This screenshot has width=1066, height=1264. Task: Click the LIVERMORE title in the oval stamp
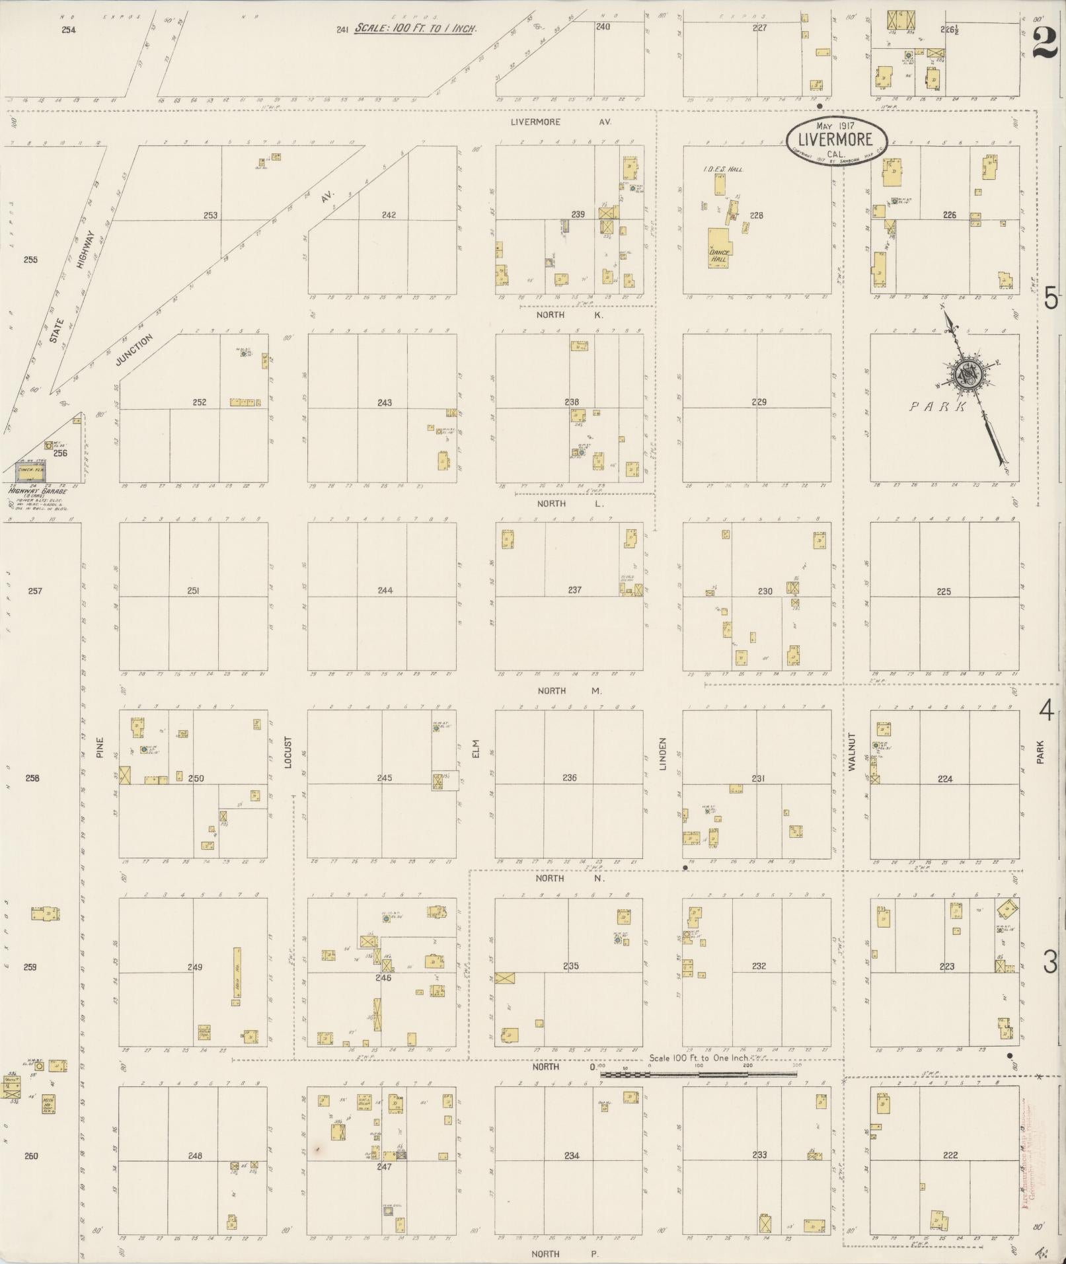(x=836, y=139)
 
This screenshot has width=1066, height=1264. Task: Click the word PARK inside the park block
(x=938, y=407)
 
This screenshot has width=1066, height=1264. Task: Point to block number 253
(x=210, y=215)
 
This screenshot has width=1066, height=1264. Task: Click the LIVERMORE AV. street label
(x=561, y=122)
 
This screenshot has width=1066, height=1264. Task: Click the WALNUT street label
(x=851, y=752)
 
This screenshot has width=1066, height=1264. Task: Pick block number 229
(x=759, y=402)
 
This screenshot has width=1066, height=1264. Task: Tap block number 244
(x=385, y=591)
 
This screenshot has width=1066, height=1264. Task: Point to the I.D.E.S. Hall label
(x=723, y=170)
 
